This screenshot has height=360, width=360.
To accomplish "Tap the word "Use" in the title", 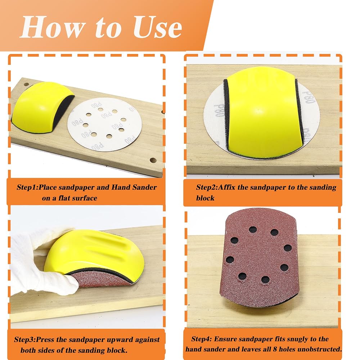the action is point(158,27).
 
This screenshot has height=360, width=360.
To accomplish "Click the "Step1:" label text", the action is point(27,187).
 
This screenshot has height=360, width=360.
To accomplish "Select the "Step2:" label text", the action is point(207,187).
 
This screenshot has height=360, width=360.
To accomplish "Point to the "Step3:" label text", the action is point(25,339).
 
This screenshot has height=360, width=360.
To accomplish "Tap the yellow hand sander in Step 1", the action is point(42,107).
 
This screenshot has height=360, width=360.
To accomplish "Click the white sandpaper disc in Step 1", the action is point(105,124).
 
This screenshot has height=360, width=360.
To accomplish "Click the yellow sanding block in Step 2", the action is point(262,112).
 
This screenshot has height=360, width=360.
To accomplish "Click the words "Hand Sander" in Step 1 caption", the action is point(134,187).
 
